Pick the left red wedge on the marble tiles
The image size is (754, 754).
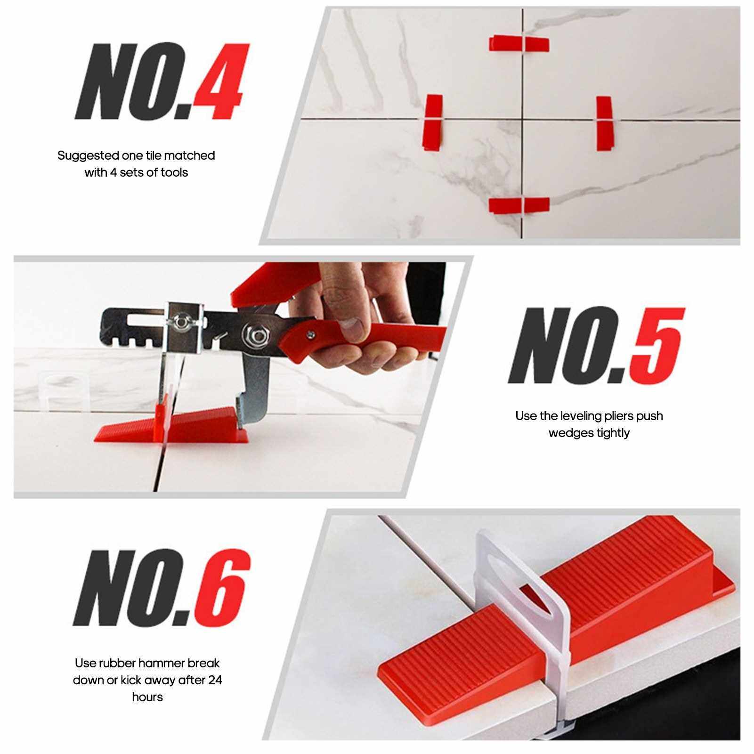tap(434, 122)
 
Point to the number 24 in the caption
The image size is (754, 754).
tap(215, 680)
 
